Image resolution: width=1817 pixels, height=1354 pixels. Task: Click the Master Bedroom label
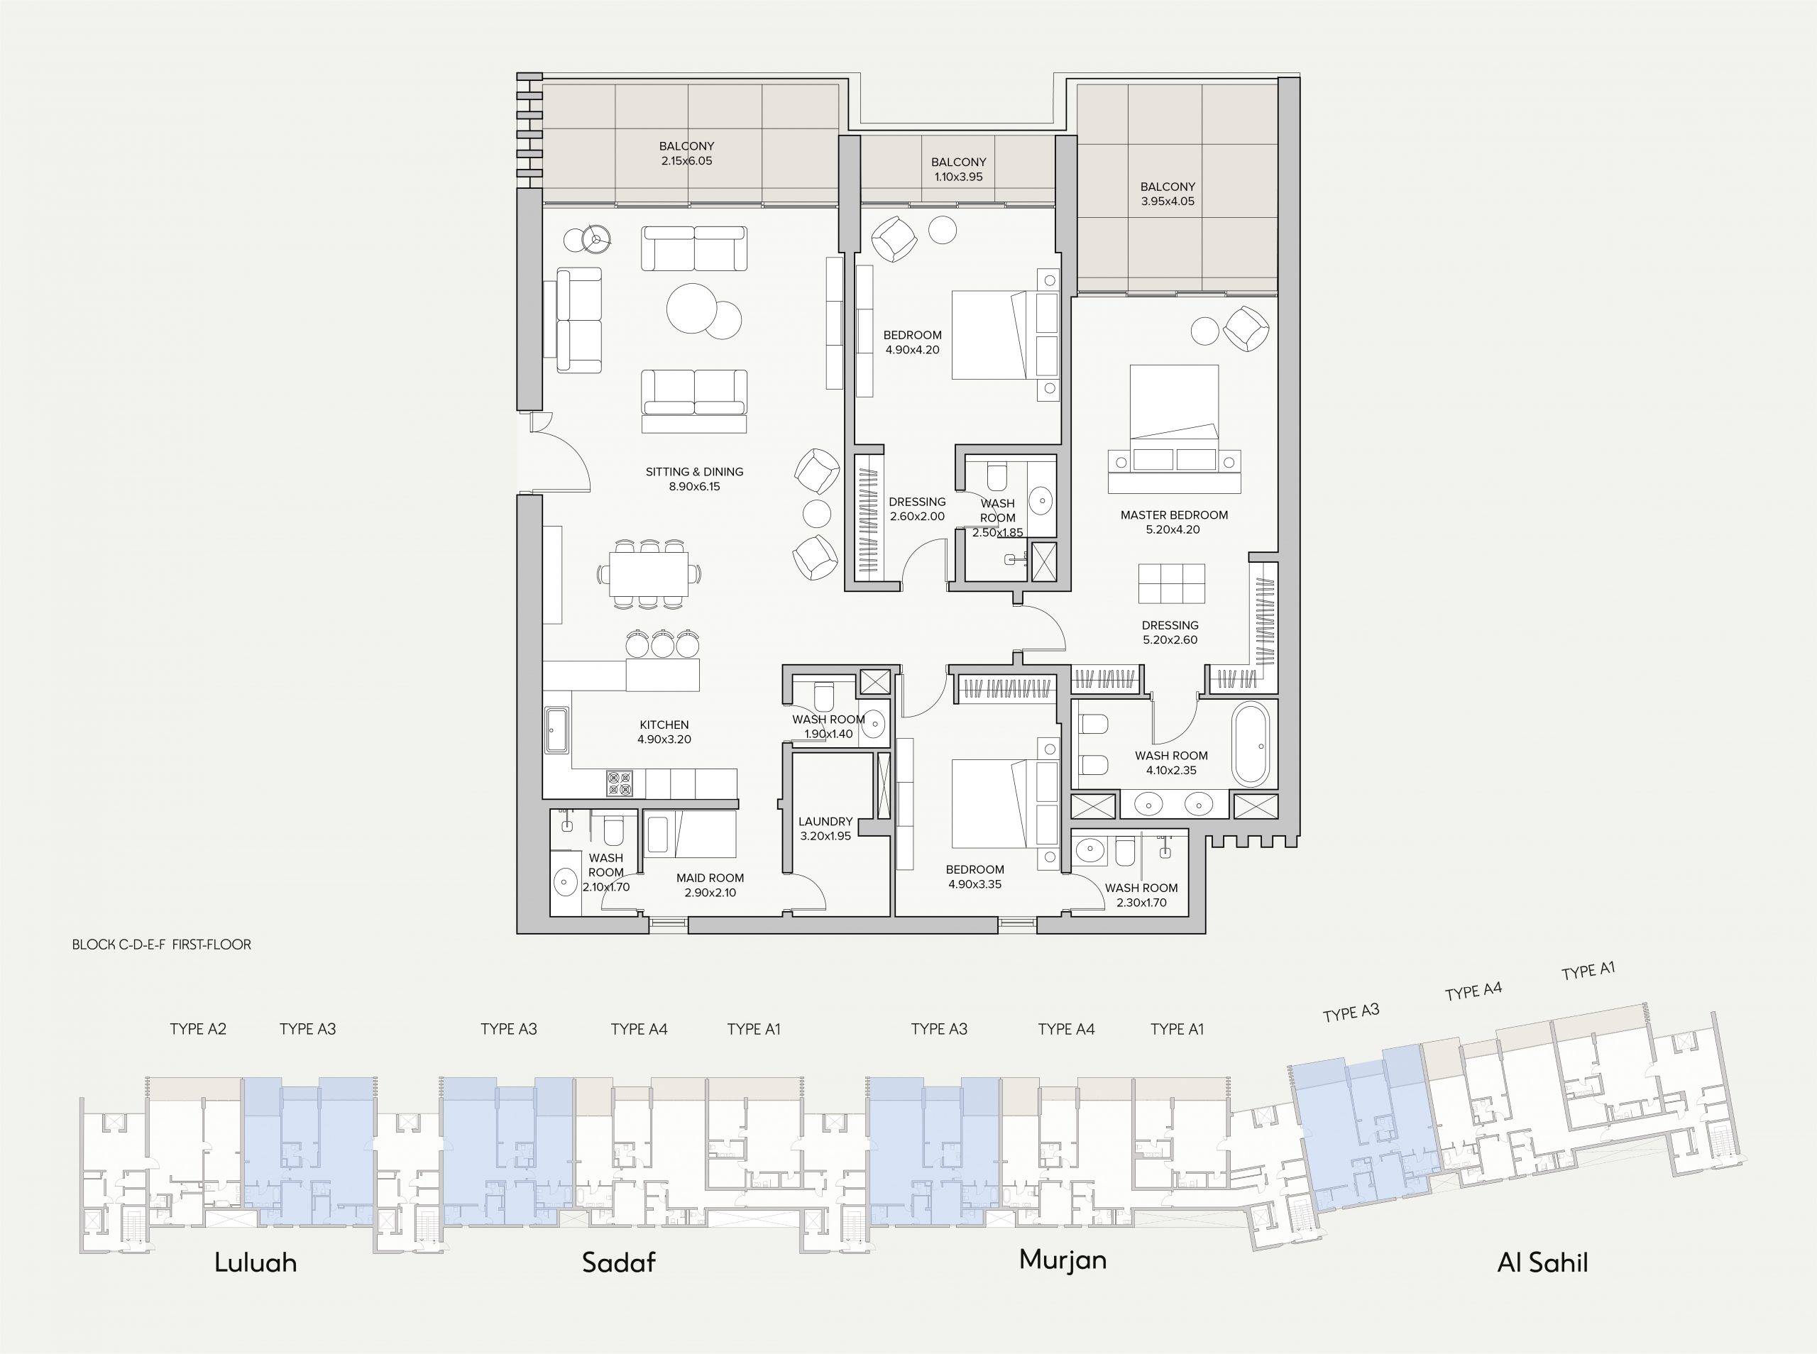[x=1174, y=514]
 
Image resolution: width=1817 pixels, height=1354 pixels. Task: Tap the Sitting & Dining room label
[x=694, y=471]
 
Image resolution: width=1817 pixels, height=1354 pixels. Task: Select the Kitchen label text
[x=664, y=725]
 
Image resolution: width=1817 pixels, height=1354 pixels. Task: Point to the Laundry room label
[x=825, y=821]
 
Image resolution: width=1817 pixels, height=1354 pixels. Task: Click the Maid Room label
[x=710, y=878]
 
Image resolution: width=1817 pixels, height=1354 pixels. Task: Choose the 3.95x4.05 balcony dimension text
[x=1167, y=201]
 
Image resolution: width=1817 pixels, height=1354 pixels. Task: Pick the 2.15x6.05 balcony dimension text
[x=687, y=160]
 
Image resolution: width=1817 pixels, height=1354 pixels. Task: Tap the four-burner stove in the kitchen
[x=619, y=783]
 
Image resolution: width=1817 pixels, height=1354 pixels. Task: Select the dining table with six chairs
[x=648, y=573]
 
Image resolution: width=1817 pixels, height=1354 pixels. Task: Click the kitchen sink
[x=556, y=731]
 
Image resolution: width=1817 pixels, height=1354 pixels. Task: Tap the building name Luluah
[x=255, y=1262]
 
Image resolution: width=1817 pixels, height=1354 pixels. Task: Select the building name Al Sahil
[x=1542, y=1262]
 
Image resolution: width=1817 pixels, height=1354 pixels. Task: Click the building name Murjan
[x=1063, y=1260]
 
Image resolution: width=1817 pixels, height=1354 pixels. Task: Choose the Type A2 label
[x=197, y=1028]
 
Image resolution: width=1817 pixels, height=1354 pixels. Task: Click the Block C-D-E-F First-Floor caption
[x=161, y=945]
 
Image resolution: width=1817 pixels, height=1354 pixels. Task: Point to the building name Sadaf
[x=619, y=1262]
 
